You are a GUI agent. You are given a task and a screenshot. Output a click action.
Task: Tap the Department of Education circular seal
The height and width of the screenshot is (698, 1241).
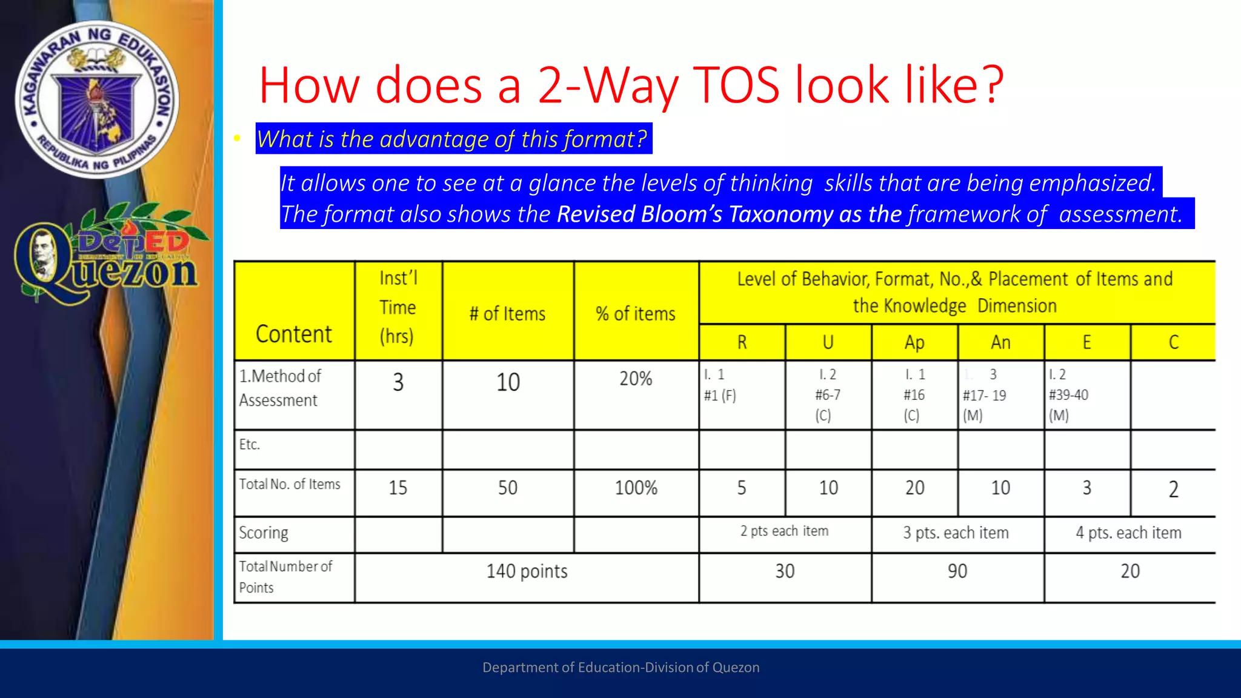tap(97, 99)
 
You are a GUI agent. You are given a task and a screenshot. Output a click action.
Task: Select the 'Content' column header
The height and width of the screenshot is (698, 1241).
tap(294, 334)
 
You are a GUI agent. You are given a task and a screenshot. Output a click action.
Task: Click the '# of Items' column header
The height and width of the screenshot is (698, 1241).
tap(508, 313)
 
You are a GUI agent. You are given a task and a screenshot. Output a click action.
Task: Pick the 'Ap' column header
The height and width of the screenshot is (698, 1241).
tap(914, 342)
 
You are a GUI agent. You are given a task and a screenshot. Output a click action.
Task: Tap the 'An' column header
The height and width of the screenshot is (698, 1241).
tap(1000, 342)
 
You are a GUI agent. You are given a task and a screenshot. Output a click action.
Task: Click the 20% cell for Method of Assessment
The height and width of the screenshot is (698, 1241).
tap(636, 379)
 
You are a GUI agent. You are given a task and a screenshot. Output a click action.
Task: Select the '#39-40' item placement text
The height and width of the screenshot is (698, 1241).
tap(1069, 395)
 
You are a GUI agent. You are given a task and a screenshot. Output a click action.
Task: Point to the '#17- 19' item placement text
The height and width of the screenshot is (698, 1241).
tap(985, 396)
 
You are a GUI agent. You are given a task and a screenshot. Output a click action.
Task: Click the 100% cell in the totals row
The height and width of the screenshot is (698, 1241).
tap(636, 488)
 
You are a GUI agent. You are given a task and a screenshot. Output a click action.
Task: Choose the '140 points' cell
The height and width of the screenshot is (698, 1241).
tap(527, 571)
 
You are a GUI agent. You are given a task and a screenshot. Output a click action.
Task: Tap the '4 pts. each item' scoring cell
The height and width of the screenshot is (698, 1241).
tap(1128, 533)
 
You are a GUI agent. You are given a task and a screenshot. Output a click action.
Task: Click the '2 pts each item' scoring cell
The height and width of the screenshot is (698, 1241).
tap(784, 531)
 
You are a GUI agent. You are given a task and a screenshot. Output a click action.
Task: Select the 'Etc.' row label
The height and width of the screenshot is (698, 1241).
tap(250, 445)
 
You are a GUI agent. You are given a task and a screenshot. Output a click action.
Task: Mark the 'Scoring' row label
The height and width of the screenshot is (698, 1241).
tap(264, 533)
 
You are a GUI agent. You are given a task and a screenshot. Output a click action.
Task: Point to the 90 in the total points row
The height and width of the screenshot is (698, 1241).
tap(957, 571)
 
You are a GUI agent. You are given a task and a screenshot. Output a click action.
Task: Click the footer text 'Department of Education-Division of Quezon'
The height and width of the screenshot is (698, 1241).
tap(620, 667)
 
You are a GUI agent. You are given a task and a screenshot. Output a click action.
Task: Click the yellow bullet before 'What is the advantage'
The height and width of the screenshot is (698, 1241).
tap(237, 139)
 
